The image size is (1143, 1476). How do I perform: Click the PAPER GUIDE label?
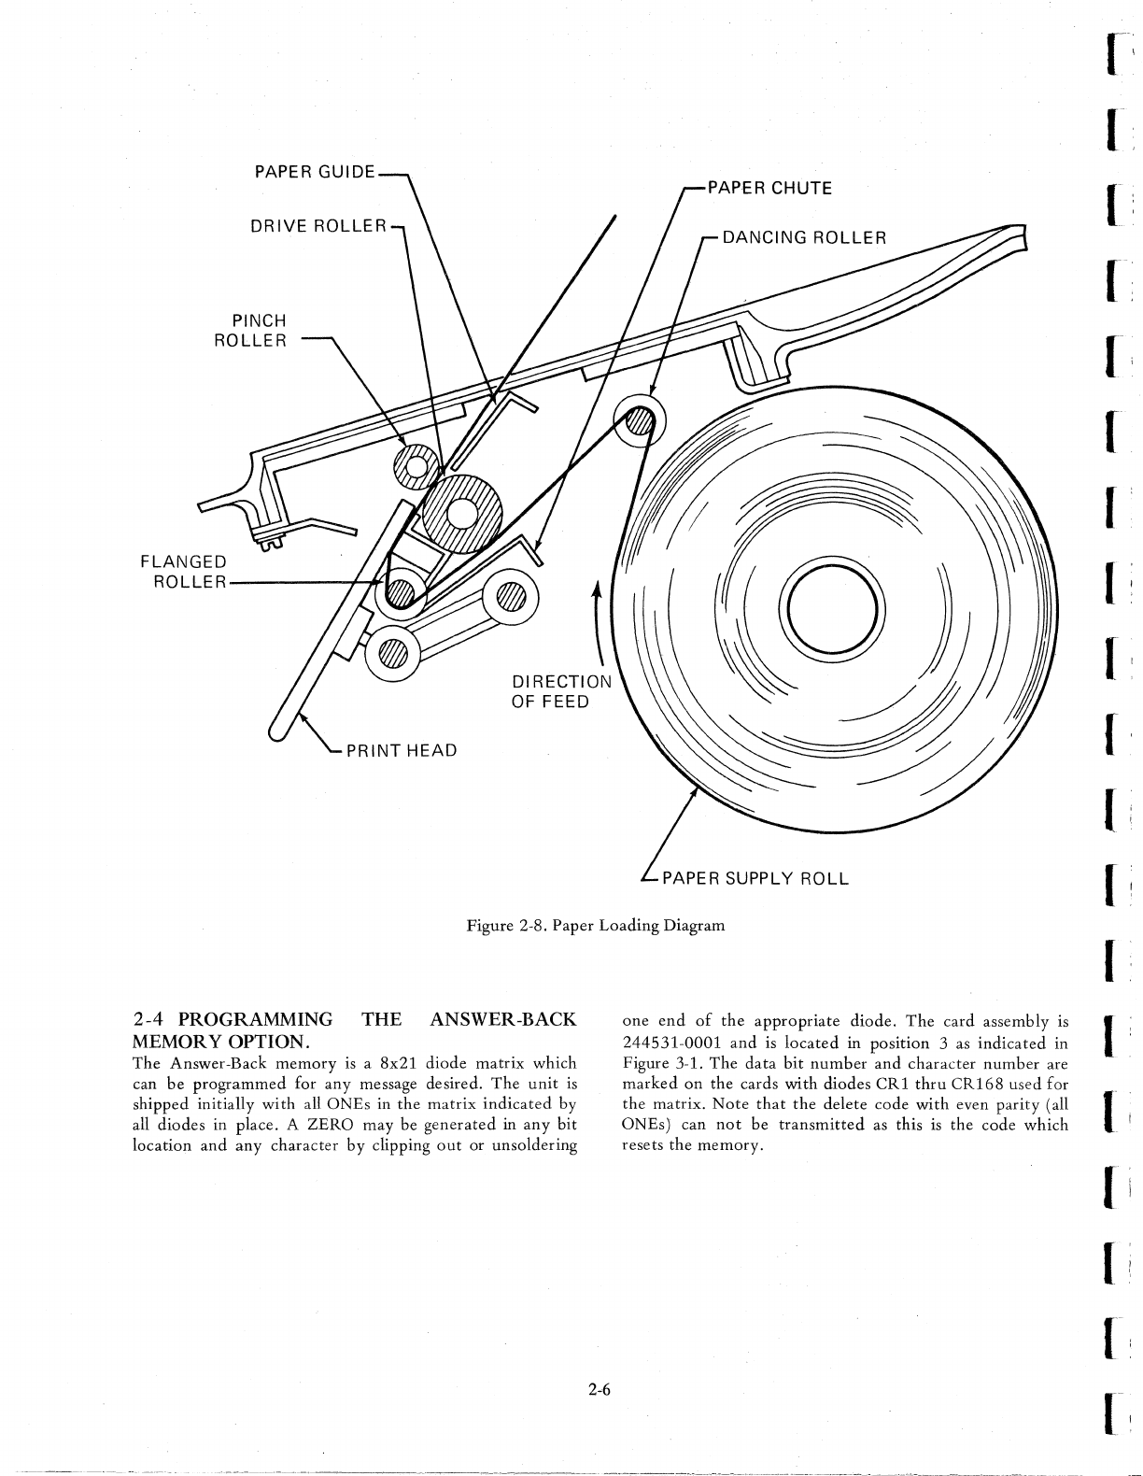pyautogui.click(x=315, y=172)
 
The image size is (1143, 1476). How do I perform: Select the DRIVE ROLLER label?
pyautogui.click(x=318, y=225)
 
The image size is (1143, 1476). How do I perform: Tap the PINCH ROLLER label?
pyautogui.click(x=250, y=331)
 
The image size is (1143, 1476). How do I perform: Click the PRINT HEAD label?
pyautogui.click(x=402, y=750)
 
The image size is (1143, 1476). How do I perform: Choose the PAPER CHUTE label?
pyautogui.click(x=769, y=188)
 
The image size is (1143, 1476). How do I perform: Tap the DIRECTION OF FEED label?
pyautogui.click(x=559, y=690)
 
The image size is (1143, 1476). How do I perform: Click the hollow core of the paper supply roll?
pyautogui.click(x=832, y=612)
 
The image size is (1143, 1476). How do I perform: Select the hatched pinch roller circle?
pyautogui.click(x=414, y=463)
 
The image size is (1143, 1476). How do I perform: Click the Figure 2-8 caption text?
pyautogui.click(x=595, y=926)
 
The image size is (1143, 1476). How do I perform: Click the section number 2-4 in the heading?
pyautogui.click(x=150, y=1018)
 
